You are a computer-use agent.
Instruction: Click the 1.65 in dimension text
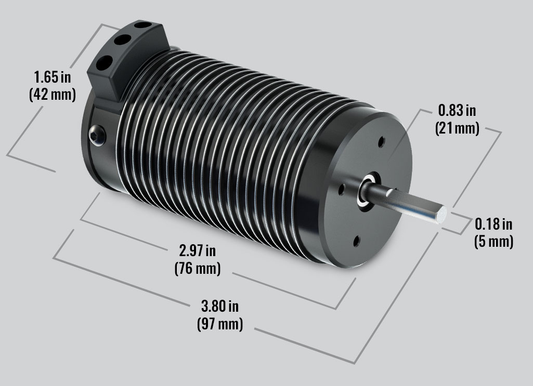click(53, 78)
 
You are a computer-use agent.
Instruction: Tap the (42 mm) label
click(53, 95)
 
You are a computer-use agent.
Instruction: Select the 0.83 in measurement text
click(457, 111)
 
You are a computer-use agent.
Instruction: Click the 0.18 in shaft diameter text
click(493, 224)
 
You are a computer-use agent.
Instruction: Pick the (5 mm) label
click(493, 241)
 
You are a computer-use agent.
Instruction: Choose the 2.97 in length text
click(198, 251)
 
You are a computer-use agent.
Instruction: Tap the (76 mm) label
click(198, 269)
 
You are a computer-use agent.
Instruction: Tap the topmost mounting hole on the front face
click(382, 141)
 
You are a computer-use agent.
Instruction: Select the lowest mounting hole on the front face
click(356, 239)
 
